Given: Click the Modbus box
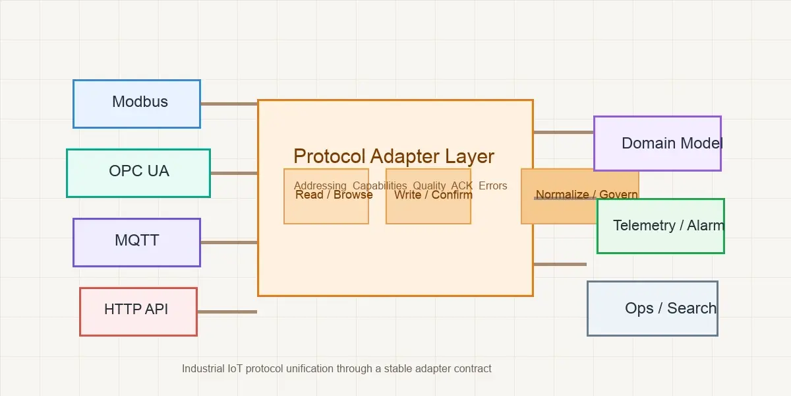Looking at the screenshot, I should click(136, 104).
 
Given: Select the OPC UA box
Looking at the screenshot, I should click(138, 173).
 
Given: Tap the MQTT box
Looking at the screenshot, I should click(136, 242).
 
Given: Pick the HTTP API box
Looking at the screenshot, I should click(138, 312).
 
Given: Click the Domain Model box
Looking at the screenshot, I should click(657, 143).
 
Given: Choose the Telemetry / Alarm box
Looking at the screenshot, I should click(660, 226).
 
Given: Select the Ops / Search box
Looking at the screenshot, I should click(652, 308).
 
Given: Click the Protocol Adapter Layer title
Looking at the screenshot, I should click(394, 156).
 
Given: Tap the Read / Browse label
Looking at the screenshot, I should click(334, 195).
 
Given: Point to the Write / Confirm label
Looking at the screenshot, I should click(433, 195).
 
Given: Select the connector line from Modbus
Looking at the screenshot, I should click(229, 104).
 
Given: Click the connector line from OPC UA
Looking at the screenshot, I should click(234, 173).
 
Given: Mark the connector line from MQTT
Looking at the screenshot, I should click(229, 242).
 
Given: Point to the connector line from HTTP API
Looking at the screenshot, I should click(227, 312).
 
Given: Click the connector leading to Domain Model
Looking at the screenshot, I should click(564, 132).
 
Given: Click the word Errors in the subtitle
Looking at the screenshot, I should click(493, 185).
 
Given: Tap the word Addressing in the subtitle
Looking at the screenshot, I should click(320, 185).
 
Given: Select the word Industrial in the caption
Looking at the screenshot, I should click(203, 368).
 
